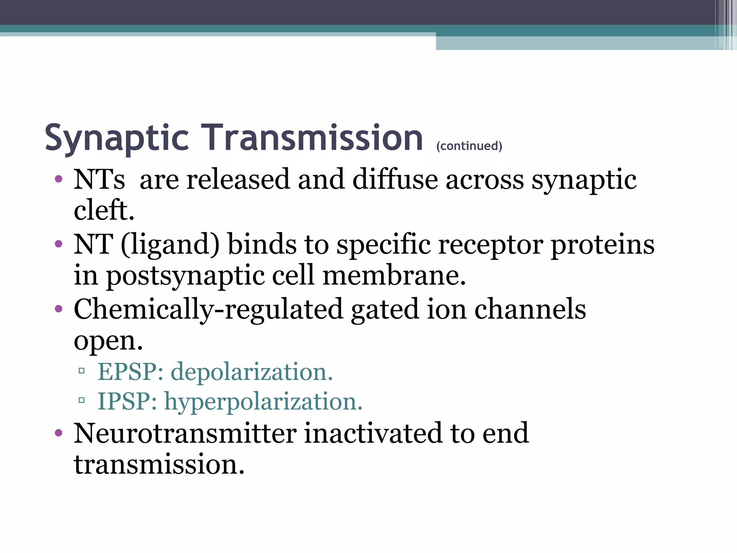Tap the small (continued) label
pyautogui.click(x=469, y=146)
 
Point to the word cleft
pyautogui.click(x=104, y=210)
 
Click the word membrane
pyautogui.click(x=394, y=276)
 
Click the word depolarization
pyautogui.click(x=252, y=372)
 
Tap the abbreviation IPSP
pyautogui.click(x=127, y=401)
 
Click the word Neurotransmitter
pyautogui.click(x=185, y=433)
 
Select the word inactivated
pyautogui.click(x=373, y=433)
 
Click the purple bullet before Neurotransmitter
pyautogui.click(x=59, y=433)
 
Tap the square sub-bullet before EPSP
pyautogui.click(x=82, y=370)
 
